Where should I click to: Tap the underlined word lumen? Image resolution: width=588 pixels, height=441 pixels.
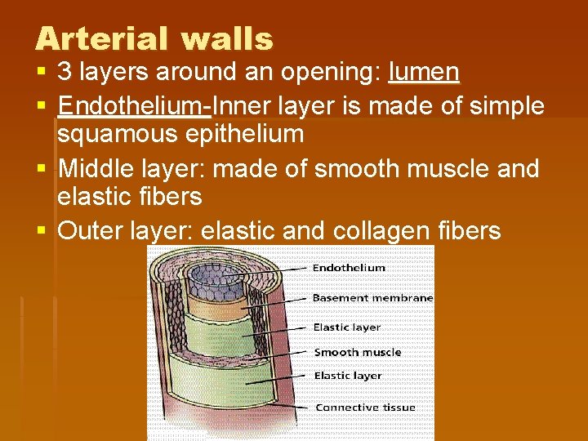tap(424, 73)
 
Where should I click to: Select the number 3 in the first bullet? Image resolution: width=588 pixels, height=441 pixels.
tap(65, 73)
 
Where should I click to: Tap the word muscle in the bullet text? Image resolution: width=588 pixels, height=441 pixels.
tap(443, 168)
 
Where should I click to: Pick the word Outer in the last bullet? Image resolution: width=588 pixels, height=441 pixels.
tap(91, 231)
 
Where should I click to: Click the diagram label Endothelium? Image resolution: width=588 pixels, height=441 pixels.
tap(350, 267)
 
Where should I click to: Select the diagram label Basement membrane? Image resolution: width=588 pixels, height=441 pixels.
tap(372, 298)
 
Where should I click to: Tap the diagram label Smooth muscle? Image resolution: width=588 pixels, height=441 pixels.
tap(358, 352)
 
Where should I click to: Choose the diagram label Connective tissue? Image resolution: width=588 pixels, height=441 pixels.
tap(365, 407)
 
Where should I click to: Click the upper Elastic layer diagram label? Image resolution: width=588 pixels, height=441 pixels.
tap(347, 327)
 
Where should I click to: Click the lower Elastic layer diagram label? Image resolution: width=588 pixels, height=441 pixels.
tap(347, 376)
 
